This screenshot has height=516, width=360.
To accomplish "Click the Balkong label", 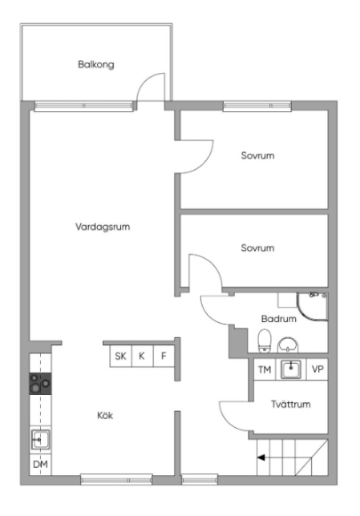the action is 96,64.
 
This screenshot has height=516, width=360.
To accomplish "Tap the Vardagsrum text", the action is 102,227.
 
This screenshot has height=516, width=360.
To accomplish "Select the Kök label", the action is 105,415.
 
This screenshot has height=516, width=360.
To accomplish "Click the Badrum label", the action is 279,318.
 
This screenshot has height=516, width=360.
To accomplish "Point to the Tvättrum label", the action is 291,404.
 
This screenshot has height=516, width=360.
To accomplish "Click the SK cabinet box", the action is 121,356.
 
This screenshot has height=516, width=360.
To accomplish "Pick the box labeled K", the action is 142,356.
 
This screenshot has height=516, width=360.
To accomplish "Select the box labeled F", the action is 164,356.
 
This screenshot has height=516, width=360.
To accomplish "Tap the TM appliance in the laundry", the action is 265,369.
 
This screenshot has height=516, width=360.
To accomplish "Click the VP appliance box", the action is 317,369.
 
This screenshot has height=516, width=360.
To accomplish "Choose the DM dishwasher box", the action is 40,464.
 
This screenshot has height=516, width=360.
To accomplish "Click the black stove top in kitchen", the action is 40,383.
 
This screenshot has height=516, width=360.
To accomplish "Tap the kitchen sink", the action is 40,439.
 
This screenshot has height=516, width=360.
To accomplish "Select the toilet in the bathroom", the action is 265,341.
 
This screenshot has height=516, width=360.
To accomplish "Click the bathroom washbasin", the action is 288,345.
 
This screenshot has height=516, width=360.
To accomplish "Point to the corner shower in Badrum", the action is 312,306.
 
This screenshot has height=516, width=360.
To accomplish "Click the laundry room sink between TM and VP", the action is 291,369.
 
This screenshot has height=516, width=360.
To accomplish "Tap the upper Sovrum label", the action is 258,156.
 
